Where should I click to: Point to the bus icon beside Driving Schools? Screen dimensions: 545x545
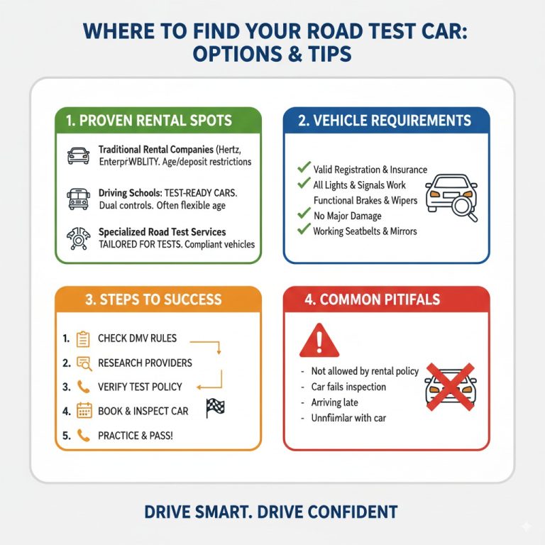tap(77, 197)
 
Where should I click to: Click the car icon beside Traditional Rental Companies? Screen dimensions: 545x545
tap(77, 156)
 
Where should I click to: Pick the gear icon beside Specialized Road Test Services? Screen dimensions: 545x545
tap(77, 238)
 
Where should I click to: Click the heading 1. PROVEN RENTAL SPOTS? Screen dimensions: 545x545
tap(149, 121)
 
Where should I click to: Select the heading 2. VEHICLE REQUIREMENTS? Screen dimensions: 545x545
tap(385, 121)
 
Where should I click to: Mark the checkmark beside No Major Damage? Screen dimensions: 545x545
tap(304, 214)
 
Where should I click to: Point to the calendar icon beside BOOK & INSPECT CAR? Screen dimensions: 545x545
tap(84, 411)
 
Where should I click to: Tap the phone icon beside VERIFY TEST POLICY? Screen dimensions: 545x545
tap(84, 387)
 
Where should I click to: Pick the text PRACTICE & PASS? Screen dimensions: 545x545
tap(135, 435)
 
